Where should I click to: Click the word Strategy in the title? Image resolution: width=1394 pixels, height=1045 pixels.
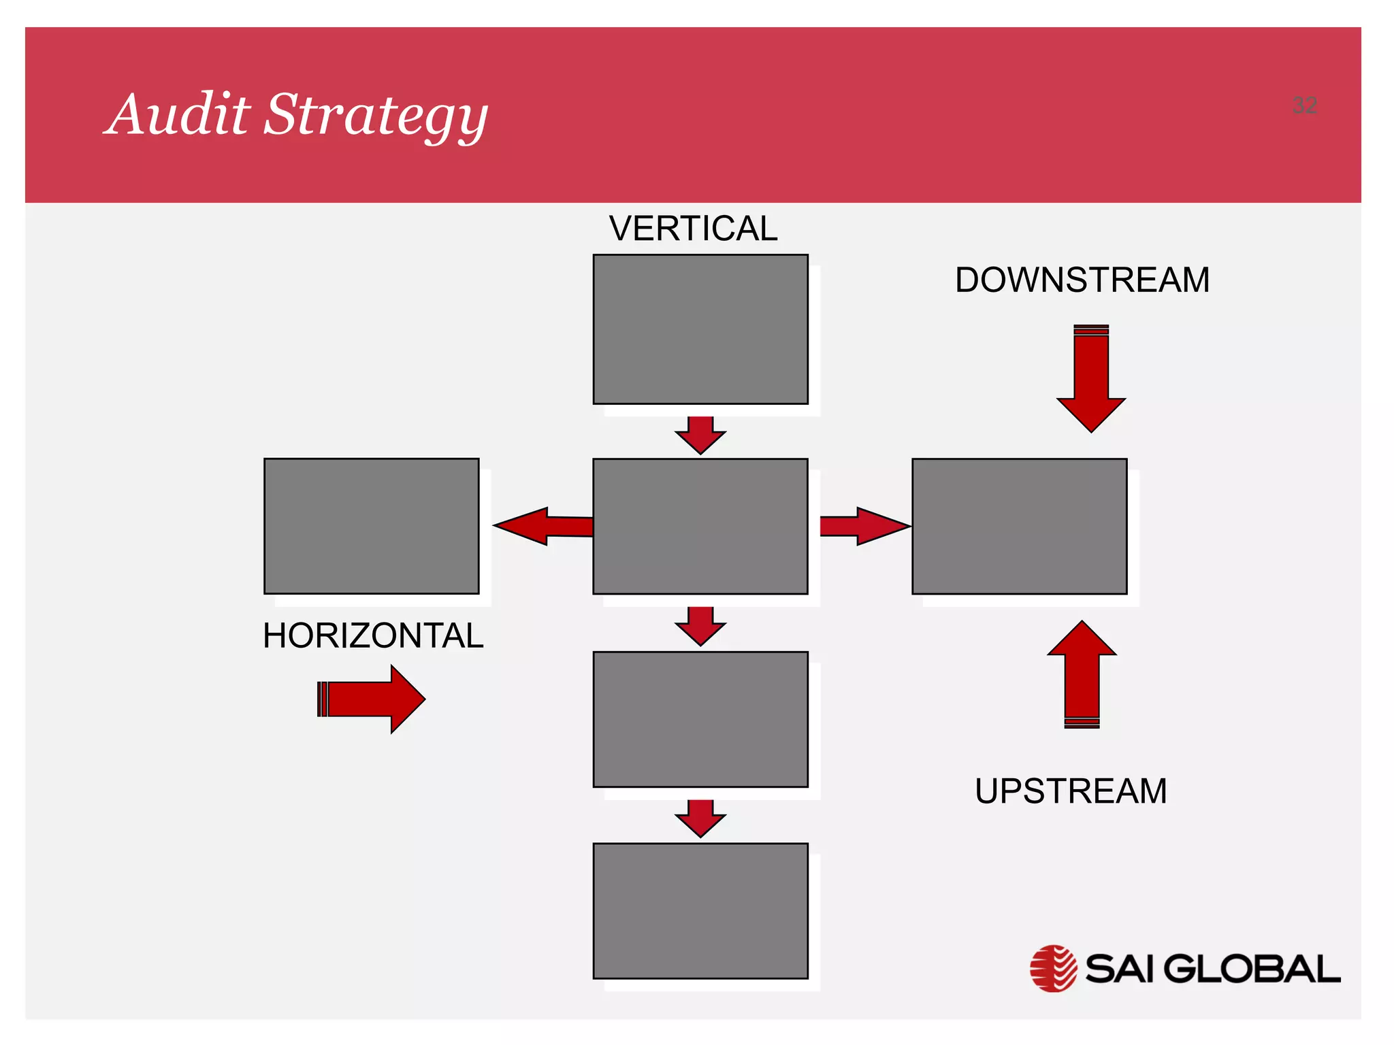pyautogui.click(x=376, y=116)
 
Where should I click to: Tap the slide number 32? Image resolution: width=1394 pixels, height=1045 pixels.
pyautogui.click(x=1304, y=105)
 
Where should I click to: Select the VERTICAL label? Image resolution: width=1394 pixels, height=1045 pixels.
pyautogui.click(x=693, y=229)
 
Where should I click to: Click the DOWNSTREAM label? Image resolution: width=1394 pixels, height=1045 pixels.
pyautogui.click(x=1082, y=280)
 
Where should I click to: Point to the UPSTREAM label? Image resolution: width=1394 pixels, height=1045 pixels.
pyautogui.click(x=1071, y=791)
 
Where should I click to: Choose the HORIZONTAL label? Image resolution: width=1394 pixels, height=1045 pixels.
pyautogui.click(x=373, y=636)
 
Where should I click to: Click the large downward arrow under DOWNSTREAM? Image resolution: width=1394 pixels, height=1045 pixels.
pyautogui.click(x=1091, y=381)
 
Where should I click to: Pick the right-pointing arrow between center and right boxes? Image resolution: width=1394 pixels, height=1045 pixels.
pyautogui.click(x=863, y=526)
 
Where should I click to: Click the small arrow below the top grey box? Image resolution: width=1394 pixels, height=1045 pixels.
pyautogui.click(x=700, y=434)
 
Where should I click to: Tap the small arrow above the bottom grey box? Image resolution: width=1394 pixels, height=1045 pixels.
pyautogui.click(x=700, y=817)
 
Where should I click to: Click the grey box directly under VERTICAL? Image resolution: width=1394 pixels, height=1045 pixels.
pyautogui.click(x=700, y=329)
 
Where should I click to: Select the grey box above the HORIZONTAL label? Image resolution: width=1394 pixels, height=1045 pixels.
pyautogui.click(x=372, y=526)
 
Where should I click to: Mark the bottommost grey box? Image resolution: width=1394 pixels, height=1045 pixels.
pyautogui.click(x=700, y=910)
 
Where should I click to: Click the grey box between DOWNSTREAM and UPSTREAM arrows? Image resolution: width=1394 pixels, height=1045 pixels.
pyautogui.click(x=1019, y=526)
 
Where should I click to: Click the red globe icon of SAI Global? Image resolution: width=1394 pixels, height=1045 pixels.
pyautogui.click(x=1053, y=968)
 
